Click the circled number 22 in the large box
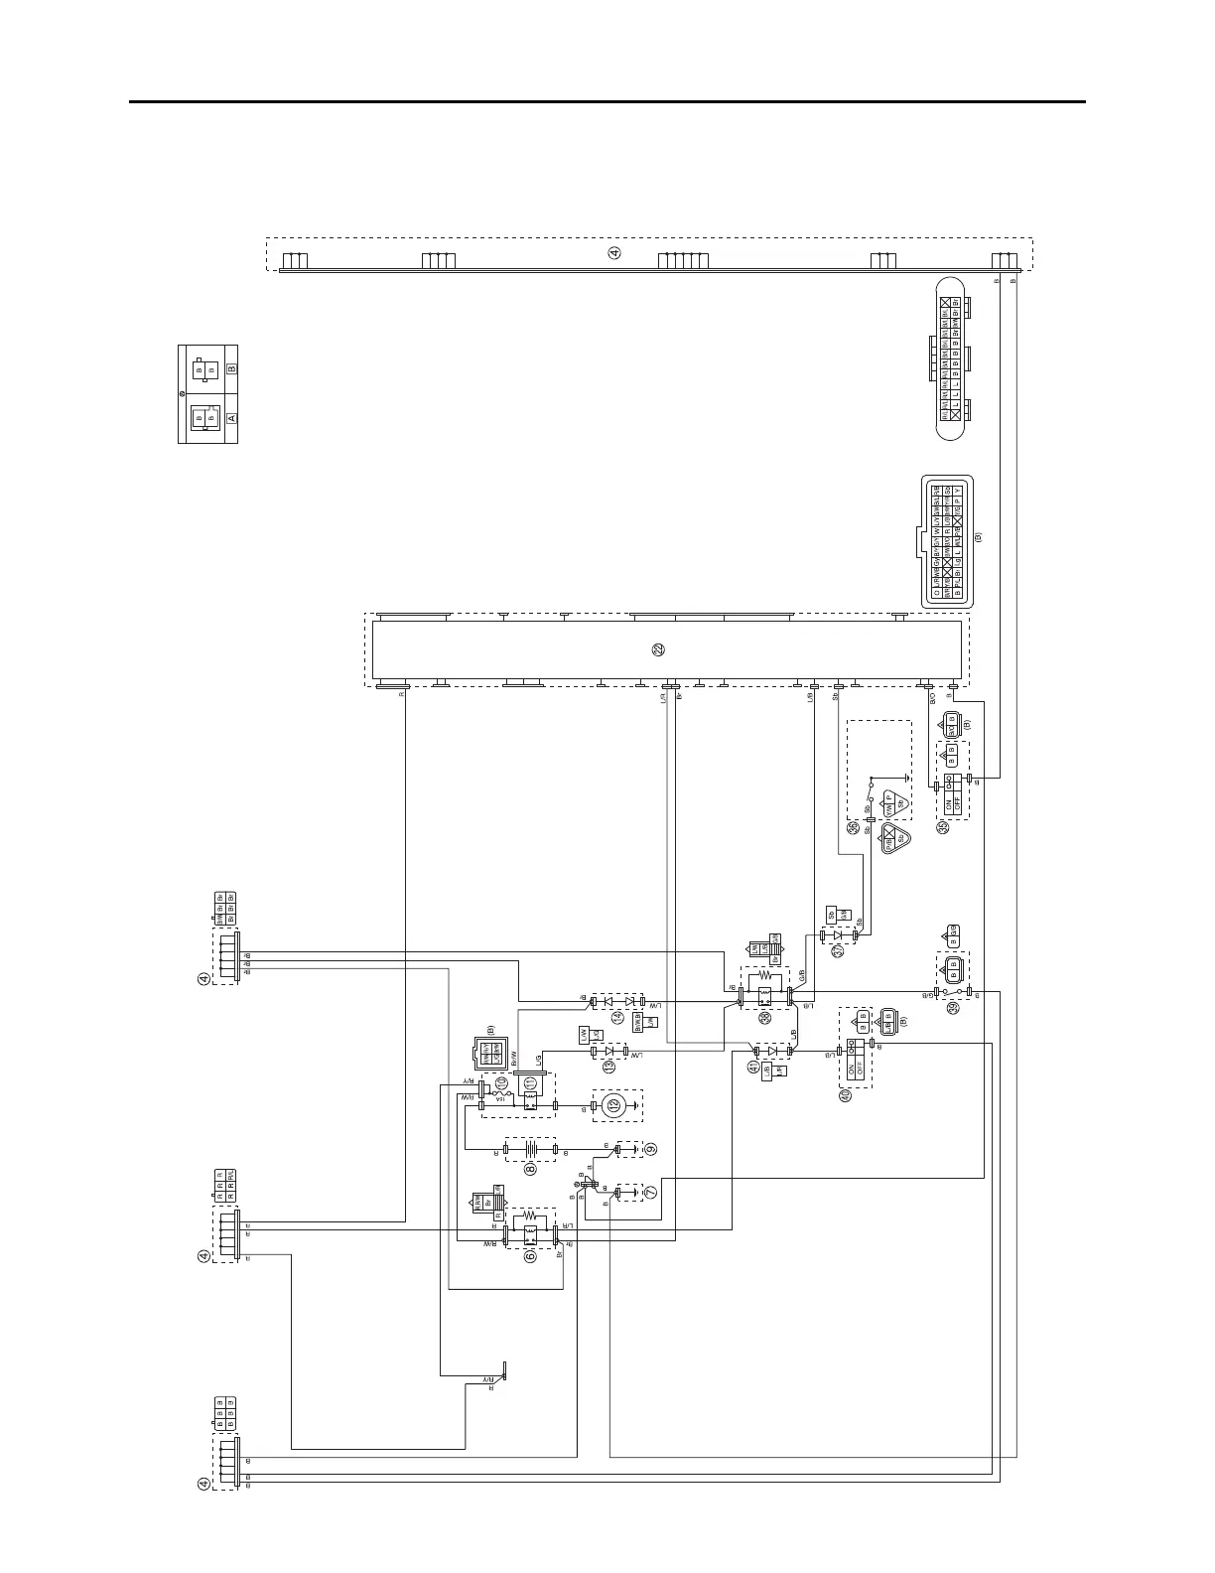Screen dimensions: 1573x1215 click(x=658, y=649)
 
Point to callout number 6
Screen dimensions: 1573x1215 click(x=530, y=1255)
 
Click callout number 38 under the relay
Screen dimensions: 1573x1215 click(x=764, y=1018)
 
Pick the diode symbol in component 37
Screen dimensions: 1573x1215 click(x=839, y=934)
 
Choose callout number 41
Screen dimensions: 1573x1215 click(x=753, y=1068)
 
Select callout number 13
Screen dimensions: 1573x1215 click(x=608, y=1067)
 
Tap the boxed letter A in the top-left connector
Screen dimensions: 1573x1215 click(x=232, y=419)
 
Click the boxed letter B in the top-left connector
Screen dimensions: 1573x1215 click(x=232, y=368)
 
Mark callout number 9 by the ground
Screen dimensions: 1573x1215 click(x=651, y=1149)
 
